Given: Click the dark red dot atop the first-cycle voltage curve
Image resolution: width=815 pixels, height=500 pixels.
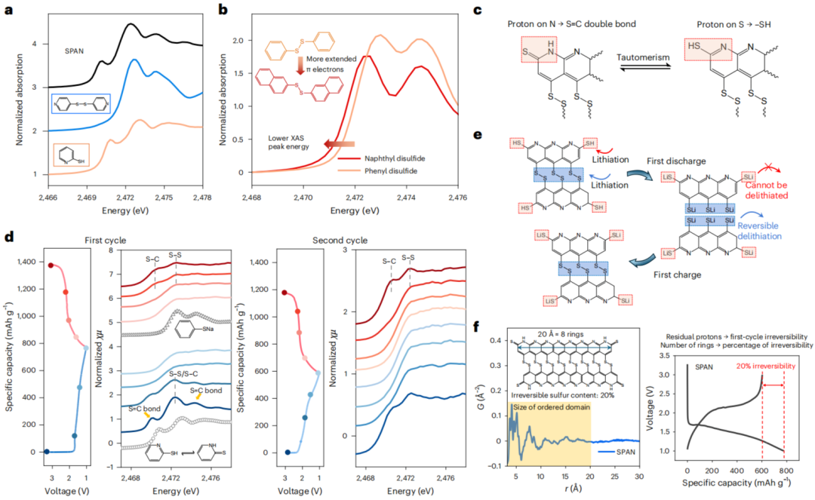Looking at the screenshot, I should tap(51, 265).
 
